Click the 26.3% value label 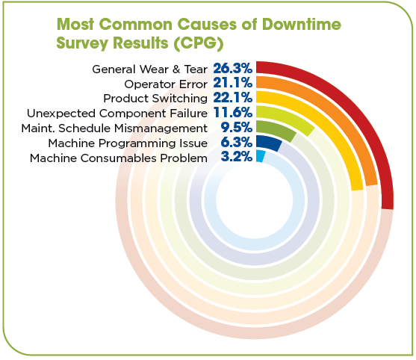(232, 68)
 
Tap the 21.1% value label (232, 83)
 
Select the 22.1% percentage (232, 98)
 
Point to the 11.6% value (232, 113)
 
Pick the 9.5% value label (236, 128)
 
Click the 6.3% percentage (236, 142)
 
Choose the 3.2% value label (236, 157)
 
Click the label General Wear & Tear (149, 69)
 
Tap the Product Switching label (155, 99)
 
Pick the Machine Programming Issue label (127, 143)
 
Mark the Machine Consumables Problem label (118, 158)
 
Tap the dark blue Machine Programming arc (269, 142)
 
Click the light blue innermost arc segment (260, 155)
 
